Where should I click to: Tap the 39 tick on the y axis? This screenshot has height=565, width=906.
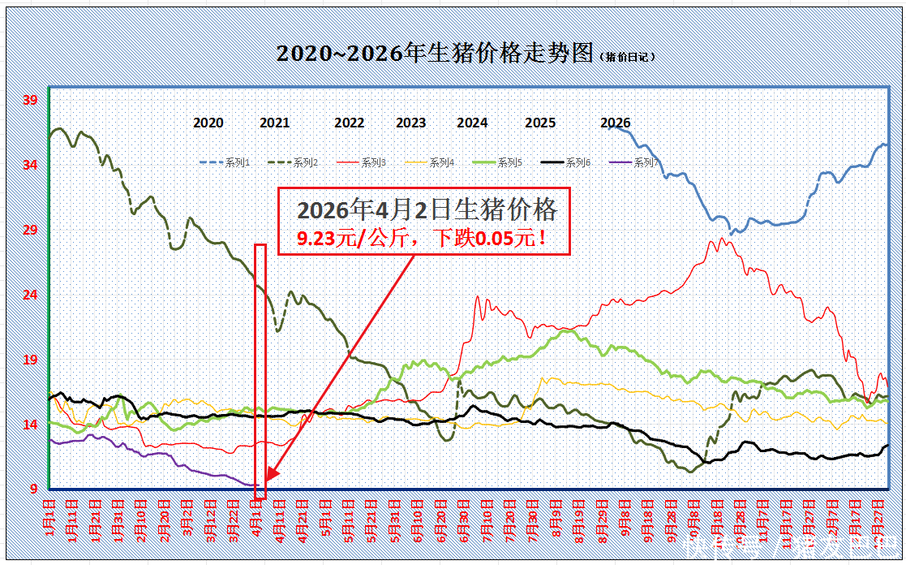coord(30,101)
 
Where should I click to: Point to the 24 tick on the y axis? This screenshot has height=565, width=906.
coord(30,295)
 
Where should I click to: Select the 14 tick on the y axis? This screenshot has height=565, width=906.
coord(30,425)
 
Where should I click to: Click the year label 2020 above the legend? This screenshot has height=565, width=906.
coord(208,123)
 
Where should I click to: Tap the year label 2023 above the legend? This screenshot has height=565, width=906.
coord(411,123)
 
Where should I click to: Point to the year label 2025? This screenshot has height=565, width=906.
coord(540,123)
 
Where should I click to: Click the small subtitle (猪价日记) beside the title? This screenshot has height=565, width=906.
coord(628,57)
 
